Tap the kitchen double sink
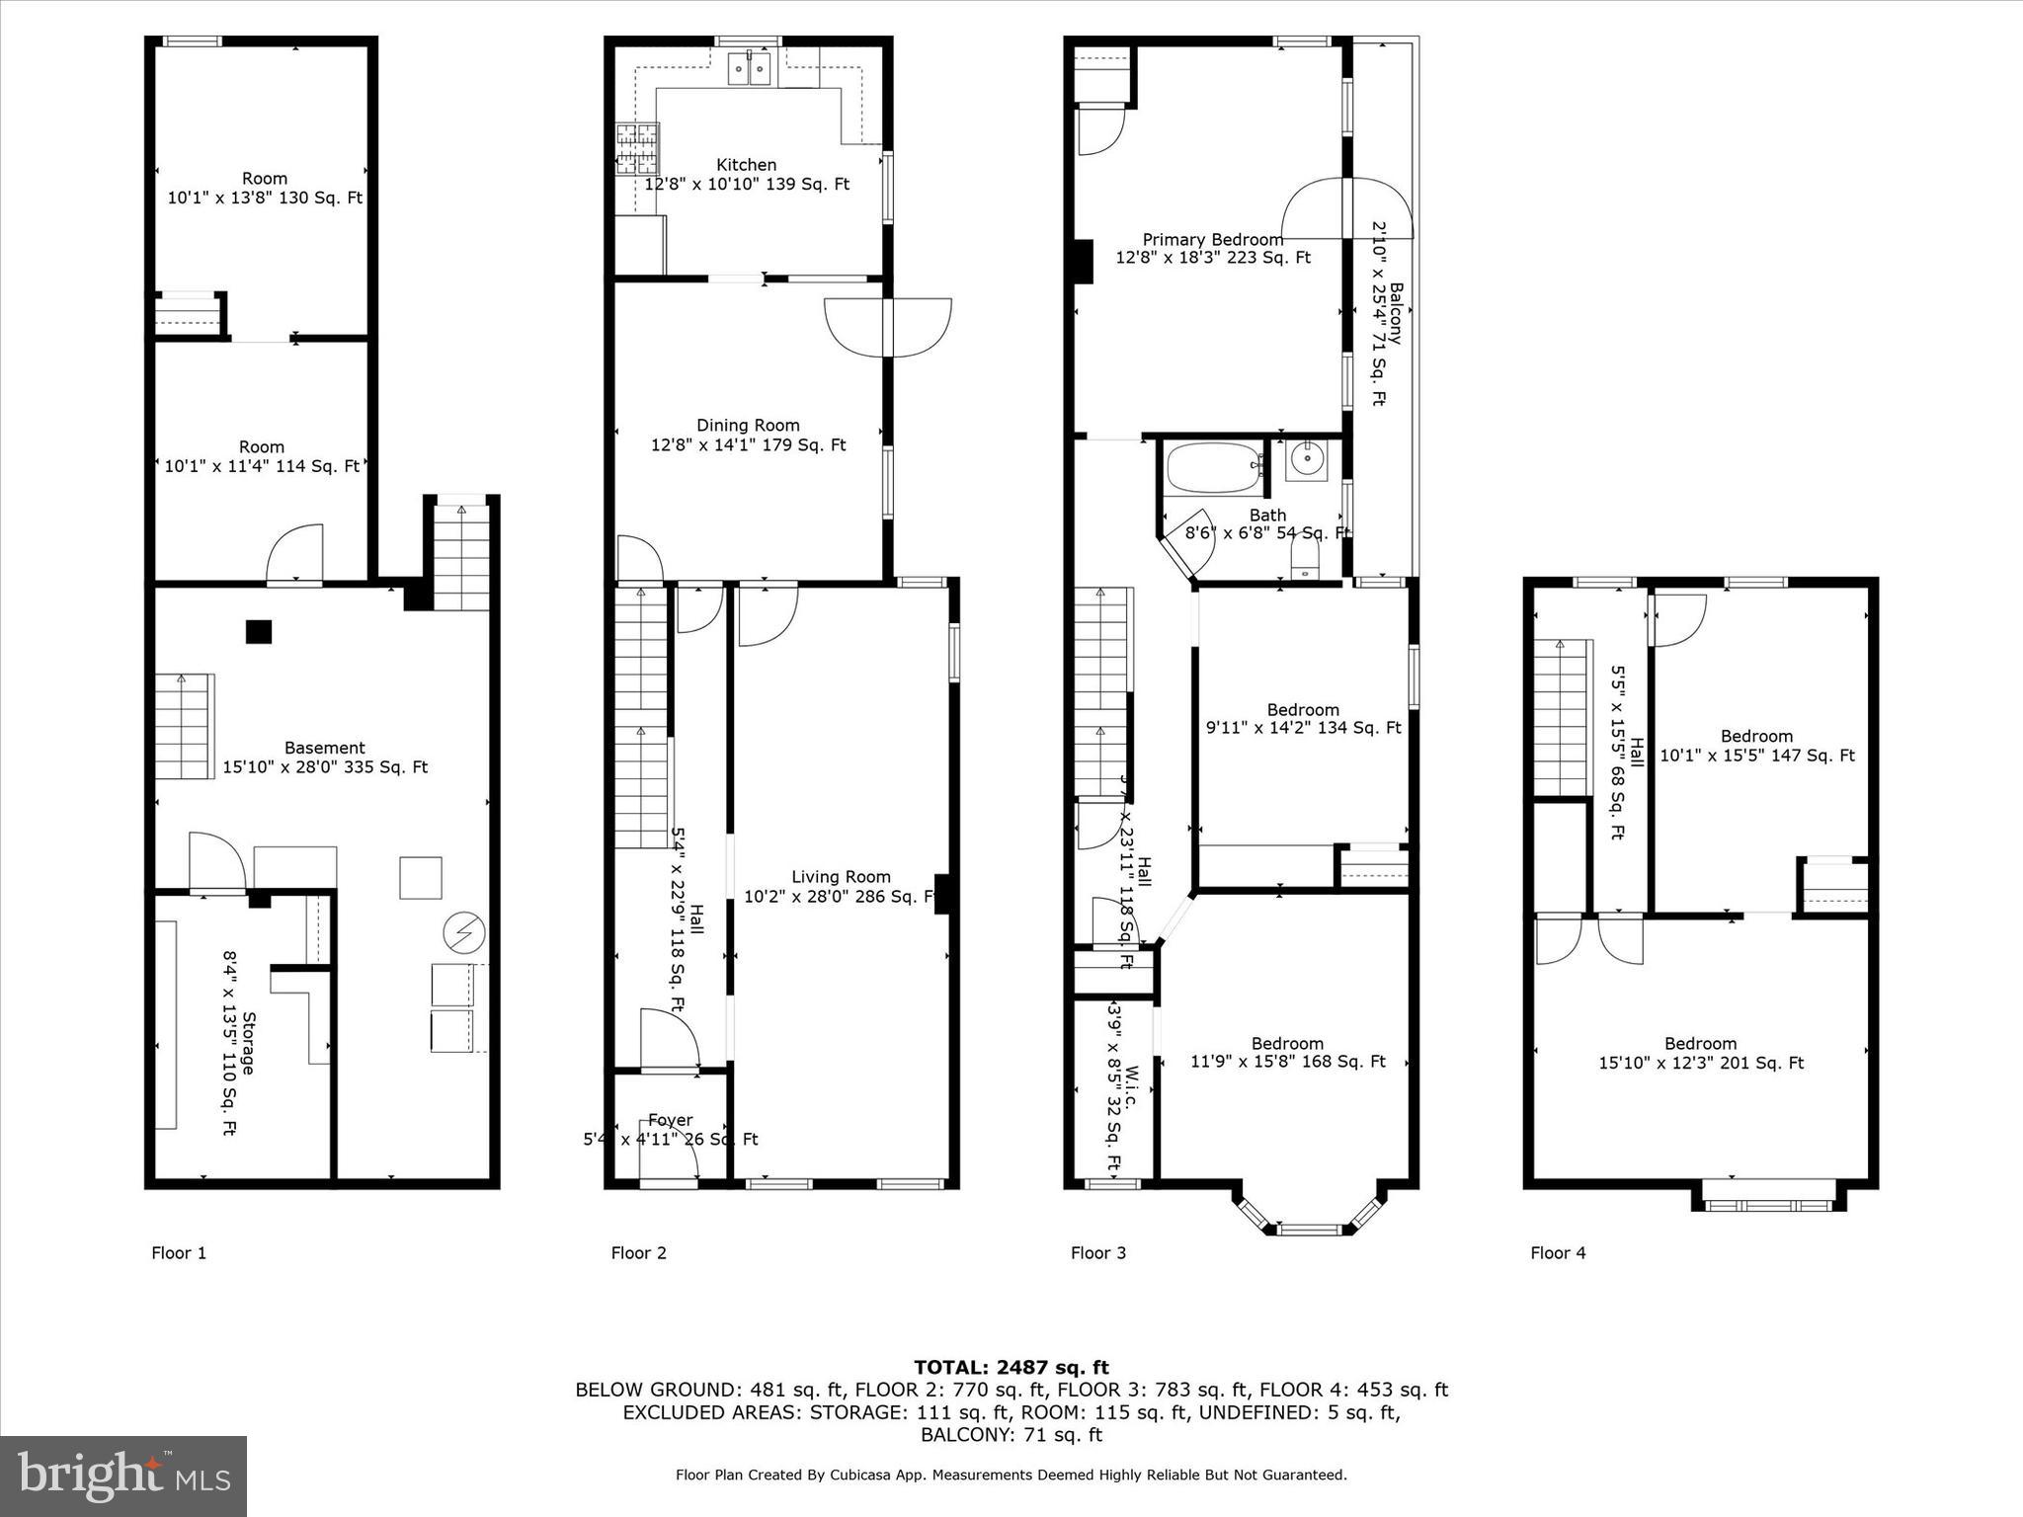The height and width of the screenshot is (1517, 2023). [x=749, y=70]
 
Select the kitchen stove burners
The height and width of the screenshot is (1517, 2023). [x=637, y=148]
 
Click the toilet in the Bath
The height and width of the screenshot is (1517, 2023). [x=1305, y=564]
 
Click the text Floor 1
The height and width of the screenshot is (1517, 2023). [x=179, y=1253]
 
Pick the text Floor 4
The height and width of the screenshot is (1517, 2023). [x=1558, y=1253]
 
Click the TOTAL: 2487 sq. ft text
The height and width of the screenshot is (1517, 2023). [x=1011, y=1367]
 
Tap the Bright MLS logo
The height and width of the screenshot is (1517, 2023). [x=123, y=1476]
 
